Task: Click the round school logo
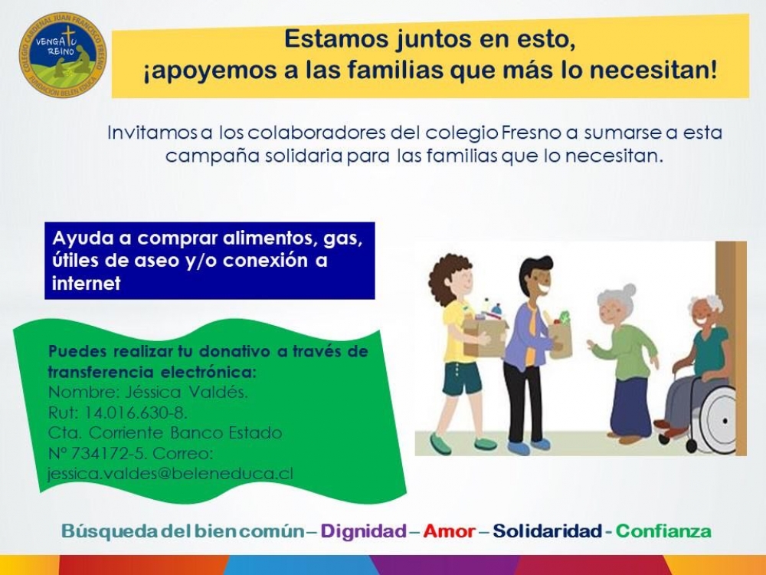point(63,54)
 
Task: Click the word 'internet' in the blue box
point(87,283)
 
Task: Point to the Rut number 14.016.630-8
point(136,412)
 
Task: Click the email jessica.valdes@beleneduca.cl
point(171,474)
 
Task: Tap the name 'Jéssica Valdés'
point(186,392)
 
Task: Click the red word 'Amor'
point(449,531)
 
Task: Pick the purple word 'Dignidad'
point(363,531)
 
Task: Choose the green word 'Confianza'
point(663,531)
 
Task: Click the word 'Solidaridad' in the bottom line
point(547,531)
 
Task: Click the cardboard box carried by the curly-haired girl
point(483,337)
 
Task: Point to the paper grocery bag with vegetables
point(561,338)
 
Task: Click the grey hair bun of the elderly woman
point(629,290)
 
